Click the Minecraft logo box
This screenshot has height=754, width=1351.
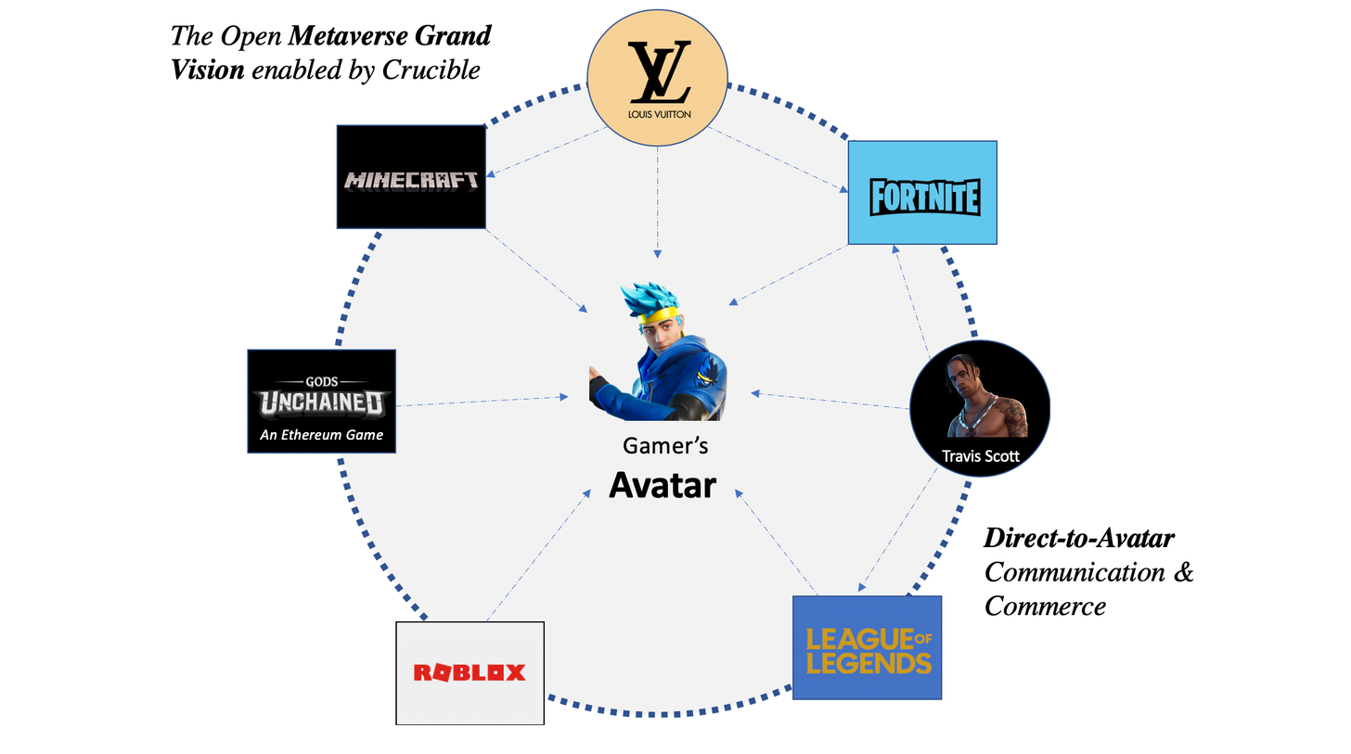[411, 177]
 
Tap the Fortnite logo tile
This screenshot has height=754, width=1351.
[922, 193]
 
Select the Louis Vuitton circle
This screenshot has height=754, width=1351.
[658, 83]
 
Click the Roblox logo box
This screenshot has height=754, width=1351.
[470, 672]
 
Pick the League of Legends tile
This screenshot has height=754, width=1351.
[867, 647]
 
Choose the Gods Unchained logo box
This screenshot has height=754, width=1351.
[322, 401]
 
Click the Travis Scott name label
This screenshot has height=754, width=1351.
[980, 455]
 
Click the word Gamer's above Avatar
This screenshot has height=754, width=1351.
[665, 446]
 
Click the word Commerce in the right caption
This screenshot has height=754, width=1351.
[1045, 606]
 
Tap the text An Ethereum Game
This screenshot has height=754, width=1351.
[321, 434]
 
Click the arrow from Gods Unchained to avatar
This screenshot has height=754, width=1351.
[482, 401]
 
